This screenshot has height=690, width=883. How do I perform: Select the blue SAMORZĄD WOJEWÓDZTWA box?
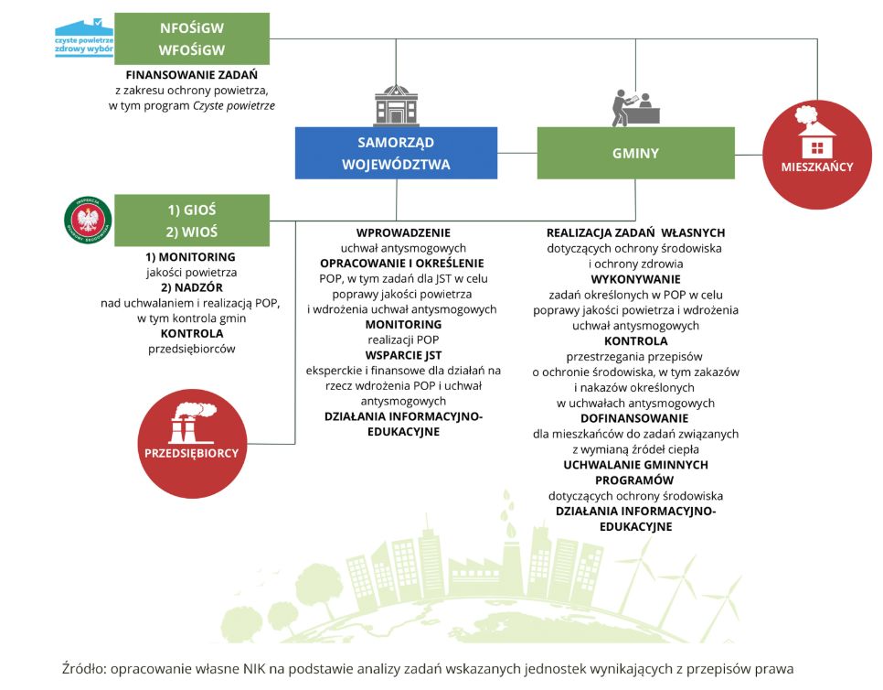point(396,153)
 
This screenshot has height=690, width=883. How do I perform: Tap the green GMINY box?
point(635,153)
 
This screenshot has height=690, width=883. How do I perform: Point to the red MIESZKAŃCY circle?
point(817,154)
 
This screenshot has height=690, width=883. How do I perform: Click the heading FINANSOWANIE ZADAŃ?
point(192,75)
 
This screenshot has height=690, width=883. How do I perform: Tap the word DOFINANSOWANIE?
point(634,418)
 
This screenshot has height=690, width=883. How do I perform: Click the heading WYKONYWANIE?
point(634,279)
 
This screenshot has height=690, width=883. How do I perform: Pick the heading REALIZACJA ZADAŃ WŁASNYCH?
point(634,232)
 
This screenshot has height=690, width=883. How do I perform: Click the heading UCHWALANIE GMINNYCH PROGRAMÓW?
point(634,472)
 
